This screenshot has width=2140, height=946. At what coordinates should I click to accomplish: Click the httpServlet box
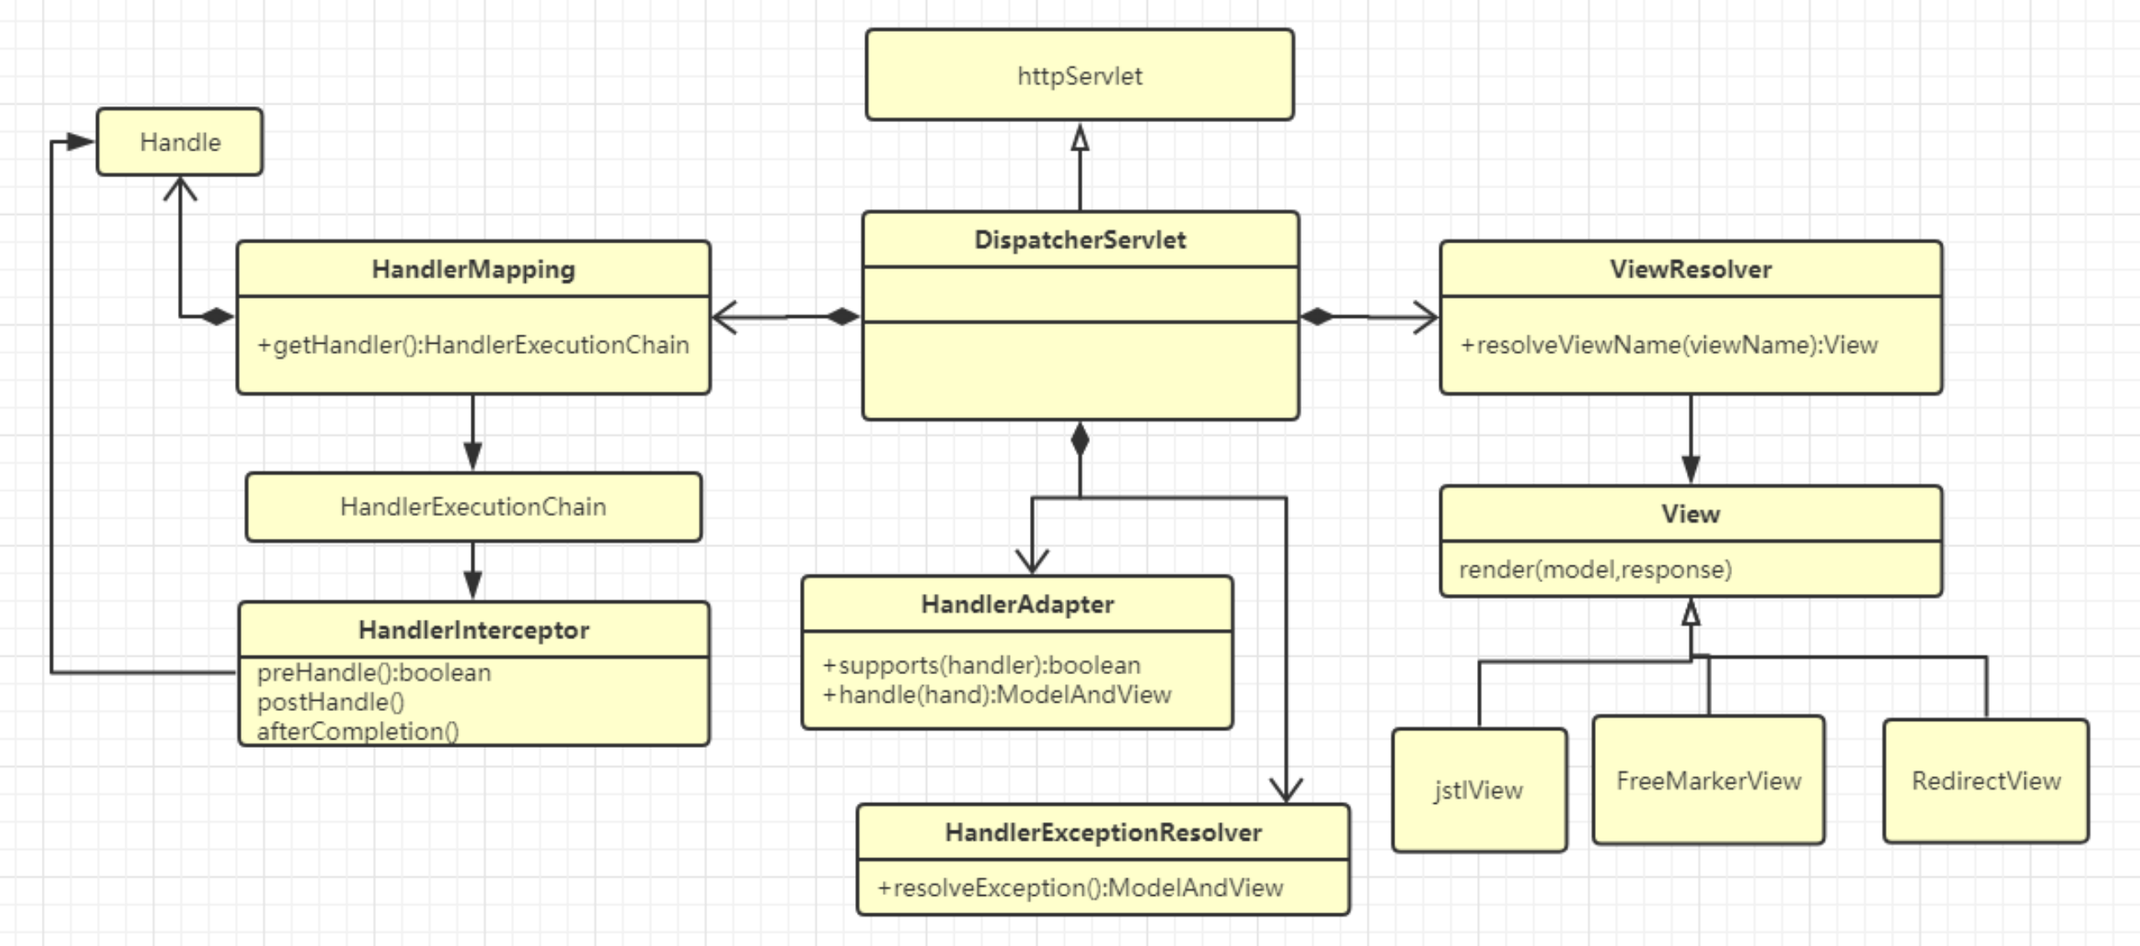1079,75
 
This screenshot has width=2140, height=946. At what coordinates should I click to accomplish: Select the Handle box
180,142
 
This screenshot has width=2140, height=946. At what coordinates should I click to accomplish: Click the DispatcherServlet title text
1079,240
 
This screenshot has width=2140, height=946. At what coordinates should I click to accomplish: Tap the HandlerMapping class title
473,269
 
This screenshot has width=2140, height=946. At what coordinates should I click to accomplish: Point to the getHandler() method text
473,345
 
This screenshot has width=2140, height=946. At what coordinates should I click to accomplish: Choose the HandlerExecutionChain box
473,507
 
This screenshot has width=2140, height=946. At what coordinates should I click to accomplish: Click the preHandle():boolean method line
374,672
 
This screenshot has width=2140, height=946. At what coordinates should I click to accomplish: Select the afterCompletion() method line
358,731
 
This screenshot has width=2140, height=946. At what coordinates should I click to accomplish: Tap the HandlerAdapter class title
1017,604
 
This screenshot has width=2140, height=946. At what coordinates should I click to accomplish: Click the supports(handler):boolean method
981,665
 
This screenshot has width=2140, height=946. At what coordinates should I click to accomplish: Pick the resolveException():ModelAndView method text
1080,887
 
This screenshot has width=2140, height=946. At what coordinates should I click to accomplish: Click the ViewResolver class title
1690,269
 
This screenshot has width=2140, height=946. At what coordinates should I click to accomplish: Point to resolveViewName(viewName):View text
1669,345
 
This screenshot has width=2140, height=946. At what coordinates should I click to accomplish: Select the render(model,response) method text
1595,570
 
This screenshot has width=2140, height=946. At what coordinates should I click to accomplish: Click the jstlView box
1478,790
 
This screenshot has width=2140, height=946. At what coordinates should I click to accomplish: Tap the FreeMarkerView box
1708,780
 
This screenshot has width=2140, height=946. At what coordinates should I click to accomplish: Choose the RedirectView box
1985,780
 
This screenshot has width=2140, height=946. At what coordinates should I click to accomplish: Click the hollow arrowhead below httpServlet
1080,138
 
